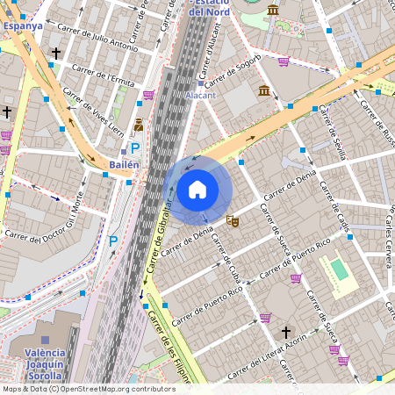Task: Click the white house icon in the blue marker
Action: pos(197,190)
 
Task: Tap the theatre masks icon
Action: pos(232,220)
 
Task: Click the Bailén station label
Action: pos(124,165)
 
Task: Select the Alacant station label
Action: pos(200,95)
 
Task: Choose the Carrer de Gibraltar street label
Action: pos(159,237)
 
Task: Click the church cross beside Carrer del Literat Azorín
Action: pos(286,333)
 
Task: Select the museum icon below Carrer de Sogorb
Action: pos(264,90)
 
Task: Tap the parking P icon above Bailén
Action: pos(135,148)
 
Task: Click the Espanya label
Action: pos(23,26)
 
